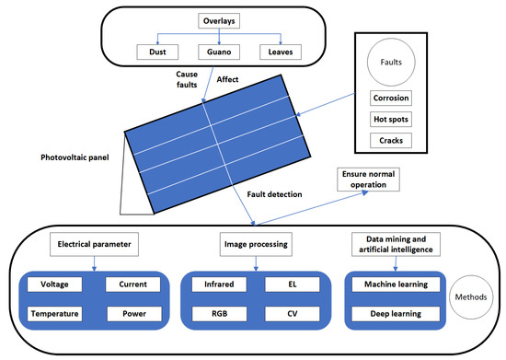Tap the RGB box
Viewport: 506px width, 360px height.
pos(215,313)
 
